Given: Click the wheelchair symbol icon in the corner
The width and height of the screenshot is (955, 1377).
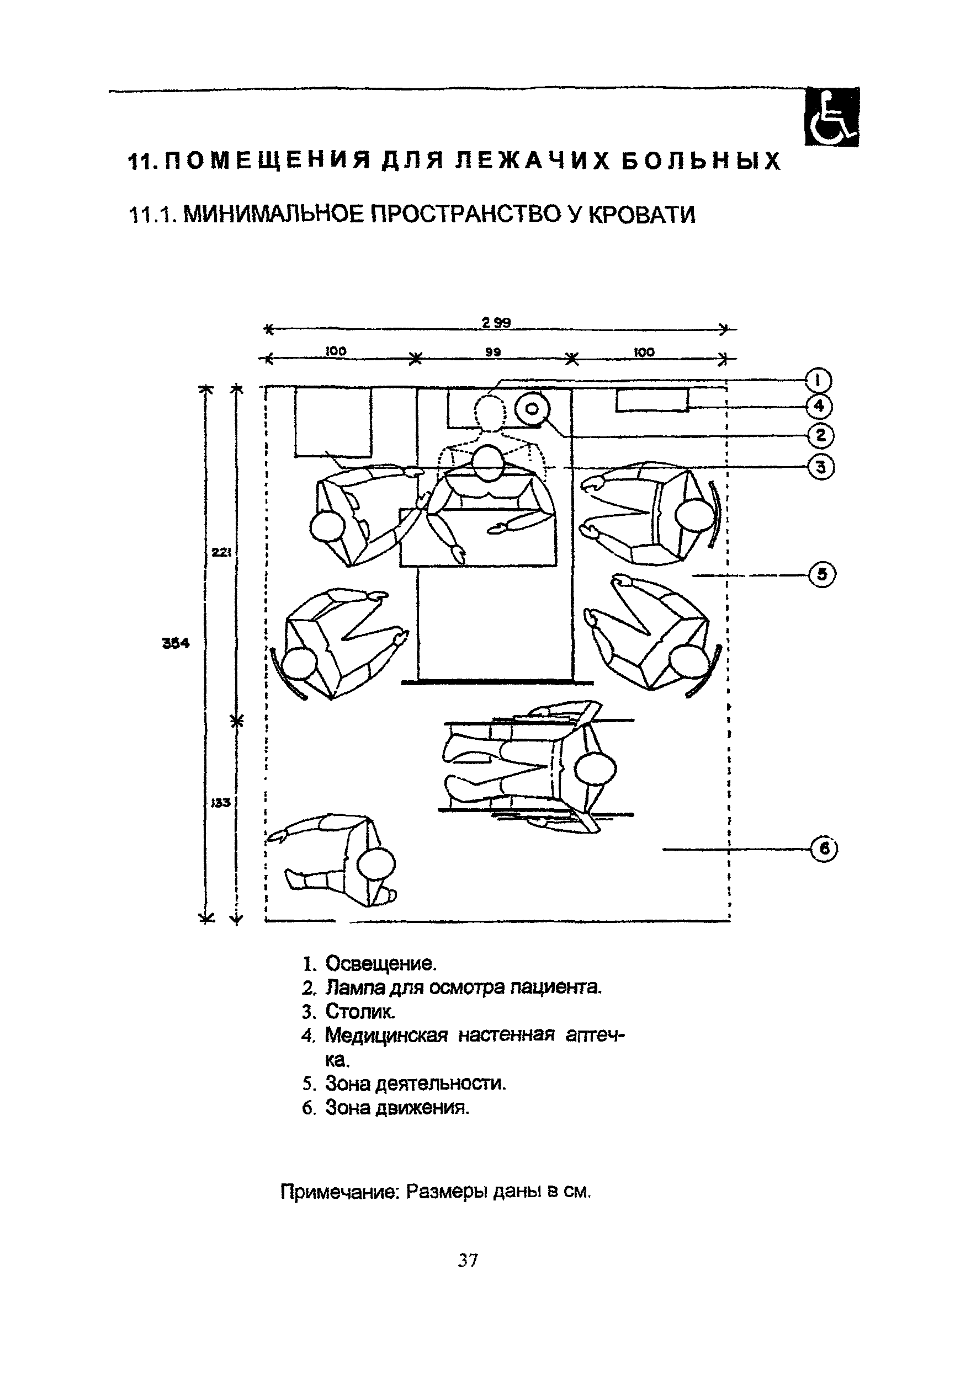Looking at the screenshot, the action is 831,116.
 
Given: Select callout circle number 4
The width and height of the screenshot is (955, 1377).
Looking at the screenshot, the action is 819,407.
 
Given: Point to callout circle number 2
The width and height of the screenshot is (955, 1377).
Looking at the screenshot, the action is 820,435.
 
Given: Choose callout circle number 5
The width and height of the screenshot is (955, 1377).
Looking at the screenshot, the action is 823,575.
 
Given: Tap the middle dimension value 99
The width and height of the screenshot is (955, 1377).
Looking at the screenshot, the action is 493,352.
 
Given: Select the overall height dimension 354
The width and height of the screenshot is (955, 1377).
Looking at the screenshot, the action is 176,643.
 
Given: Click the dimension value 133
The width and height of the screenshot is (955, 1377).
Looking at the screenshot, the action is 220,803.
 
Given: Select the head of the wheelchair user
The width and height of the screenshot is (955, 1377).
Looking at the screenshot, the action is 595,768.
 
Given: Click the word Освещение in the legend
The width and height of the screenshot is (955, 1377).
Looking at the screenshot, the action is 381,964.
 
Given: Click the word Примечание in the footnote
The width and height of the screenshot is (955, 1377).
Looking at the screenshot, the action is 340,1192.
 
